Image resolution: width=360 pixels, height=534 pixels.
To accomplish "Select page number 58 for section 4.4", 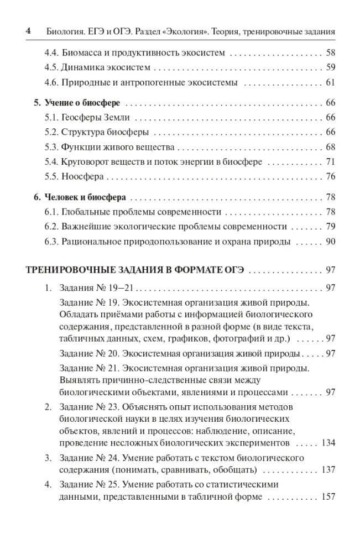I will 331,54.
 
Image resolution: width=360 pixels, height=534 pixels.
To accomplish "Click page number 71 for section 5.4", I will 331,162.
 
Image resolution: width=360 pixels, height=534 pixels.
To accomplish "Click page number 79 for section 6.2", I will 331,227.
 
